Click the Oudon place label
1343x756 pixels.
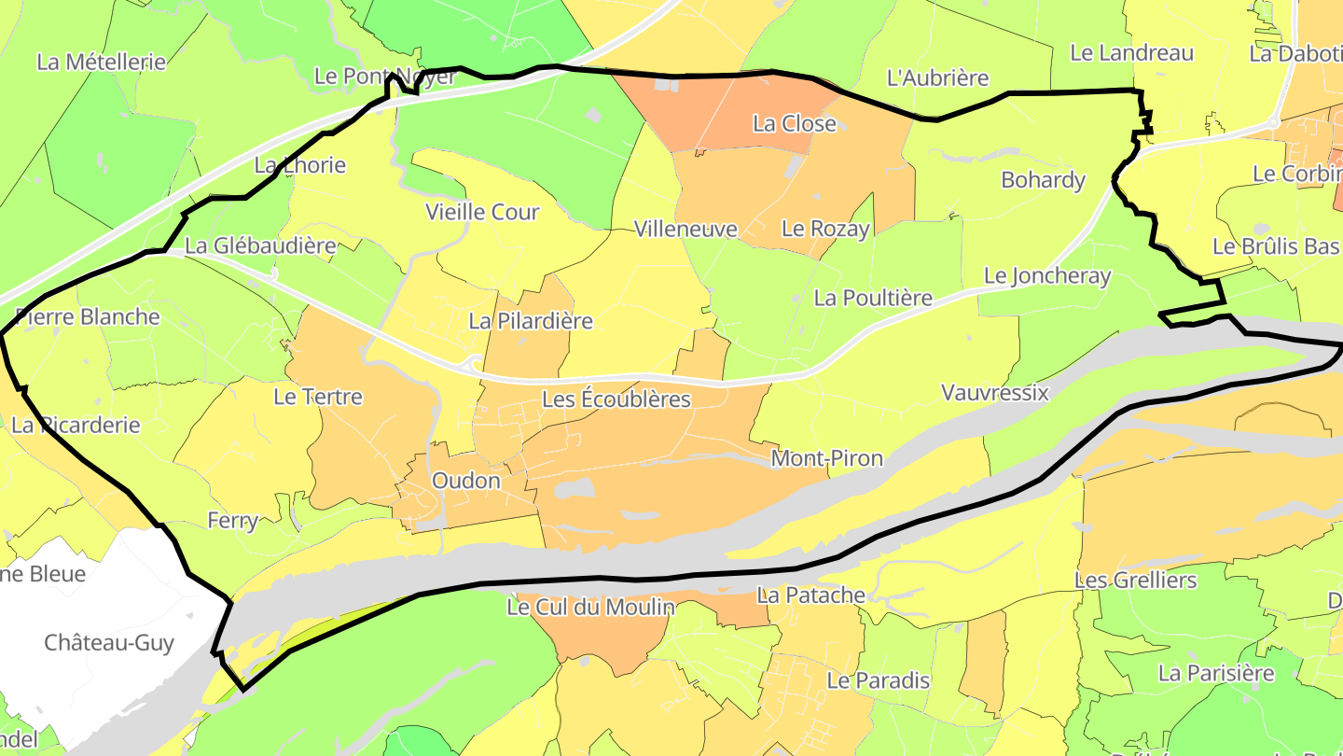466,482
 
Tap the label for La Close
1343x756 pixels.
795,124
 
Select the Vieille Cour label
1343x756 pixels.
482,213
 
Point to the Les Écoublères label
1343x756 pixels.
616,400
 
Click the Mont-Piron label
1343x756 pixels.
826,459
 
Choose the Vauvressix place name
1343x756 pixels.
995,393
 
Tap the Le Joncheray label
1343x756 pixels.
1048,276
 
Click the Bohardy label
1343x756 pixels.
1043,180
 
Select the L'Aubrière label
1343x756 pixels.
937,78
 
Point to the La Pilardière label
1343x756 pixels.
531,322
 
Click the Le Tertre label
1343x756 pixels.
318,397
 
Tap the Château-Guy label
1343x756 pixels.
109,643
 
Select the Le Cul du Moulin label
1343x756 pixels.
590,608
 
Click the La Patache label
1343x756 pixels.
810,595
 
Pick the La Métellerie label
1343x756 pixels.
101,63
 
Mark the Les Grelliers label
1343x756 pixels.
1135,581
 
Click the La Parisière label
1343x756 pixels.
1216,673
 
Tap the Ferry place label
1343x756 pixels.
232,521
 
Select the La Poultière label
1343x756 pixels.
873,299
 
